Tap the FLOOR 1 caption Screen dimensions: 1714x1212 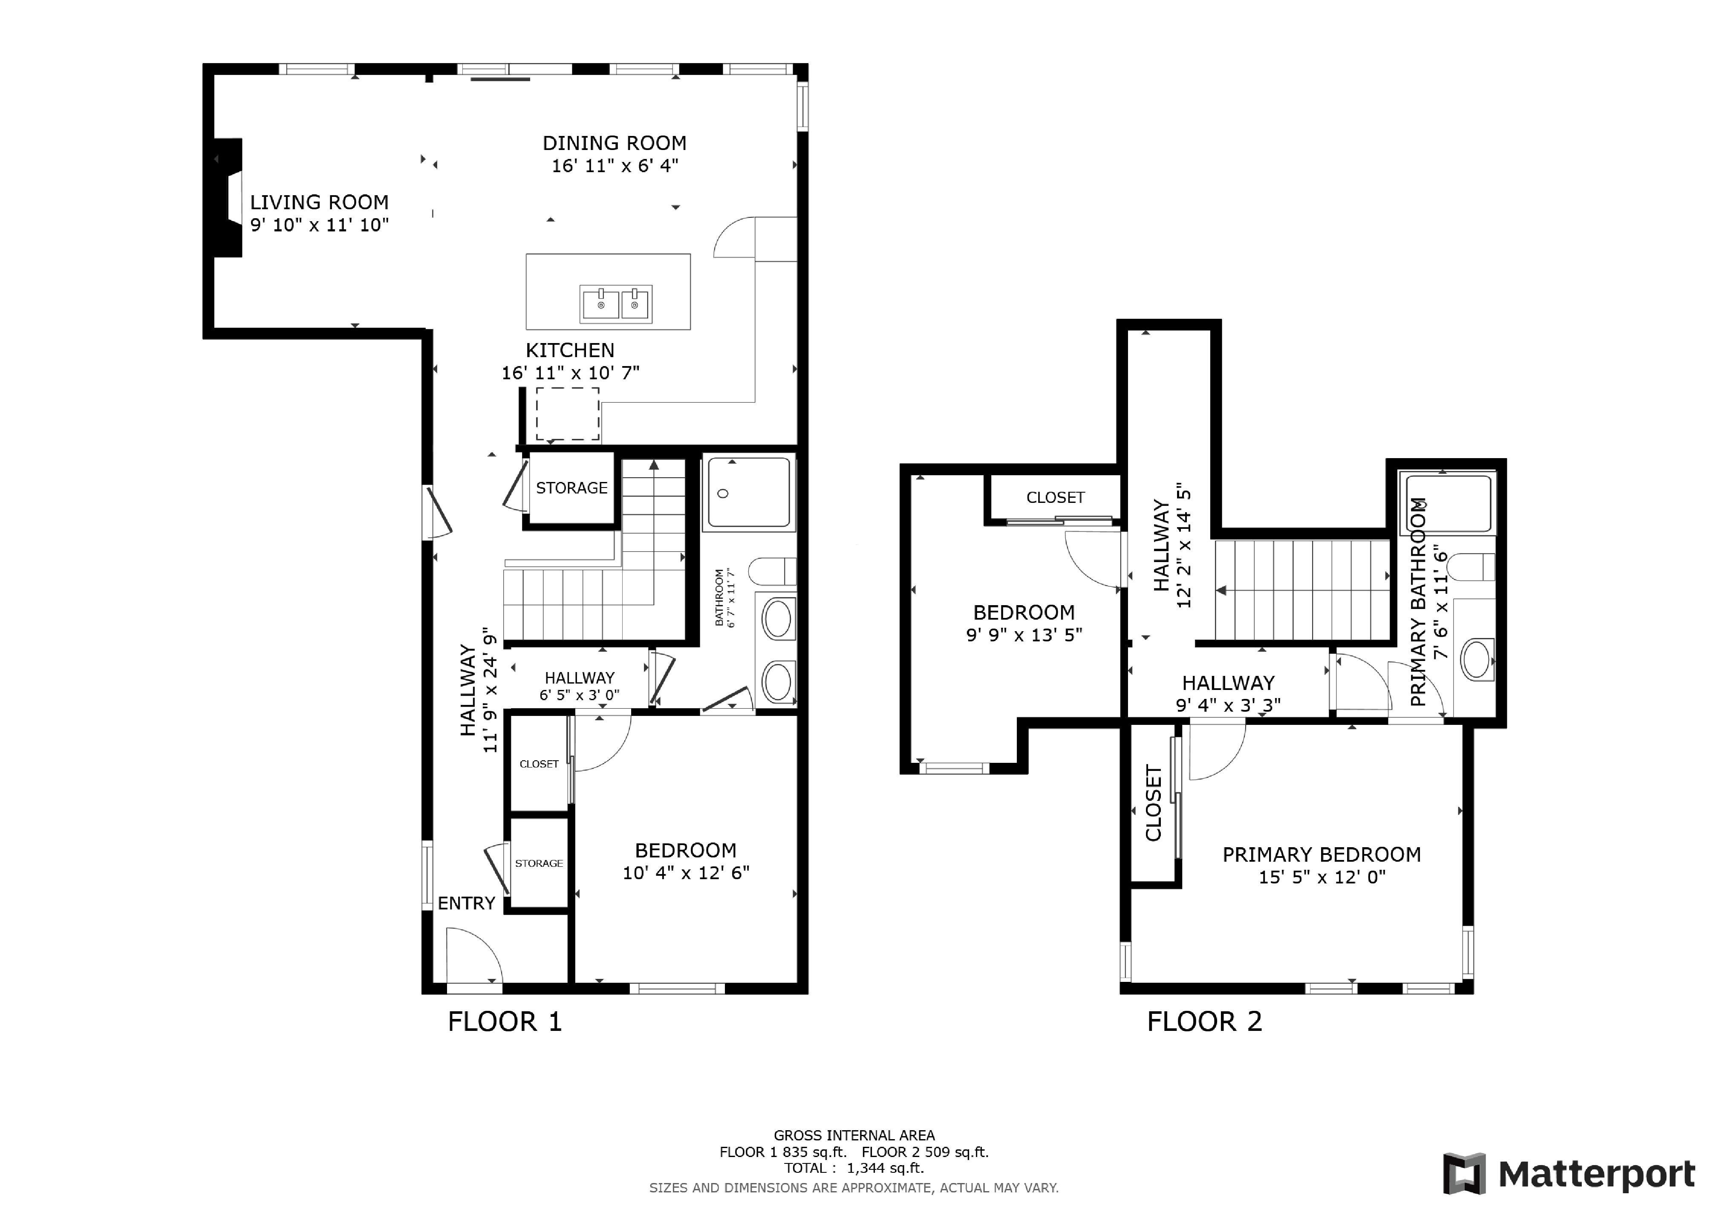pyautogui.click(x=505, y=1022)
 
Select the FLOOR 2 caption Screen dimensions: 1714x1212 pyautogui.click(x=1204, y=1022)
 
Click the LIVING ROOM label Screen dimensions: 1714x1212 pyautogui.click(x=320, y=202)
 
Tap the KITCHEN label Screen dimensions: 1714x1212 pyautogui.click(x=570, y=350)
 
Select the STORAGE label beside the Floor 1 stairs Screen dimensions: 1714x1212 pyautogui.click(x=572, y=488)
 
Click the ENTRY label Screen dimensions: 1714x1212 pyautogui.click(x=467, y=903)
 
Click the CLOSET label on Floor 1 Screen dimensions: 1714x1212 pyautogui.click(x=539, y=764)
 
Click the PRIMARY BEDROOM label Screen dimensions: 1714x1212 pyautogui.click(x=1322, y=854)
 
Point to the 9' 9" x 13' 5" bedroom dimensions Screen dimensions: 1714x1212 pyautogui.click(x=1024, y=635)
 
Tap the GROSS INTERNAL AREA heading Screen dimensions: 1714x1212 pyautogui.click(x=854, y=1135)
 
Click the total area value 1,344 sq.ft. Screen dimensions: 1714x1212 pyautogui.click(x=886, y=1168)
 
